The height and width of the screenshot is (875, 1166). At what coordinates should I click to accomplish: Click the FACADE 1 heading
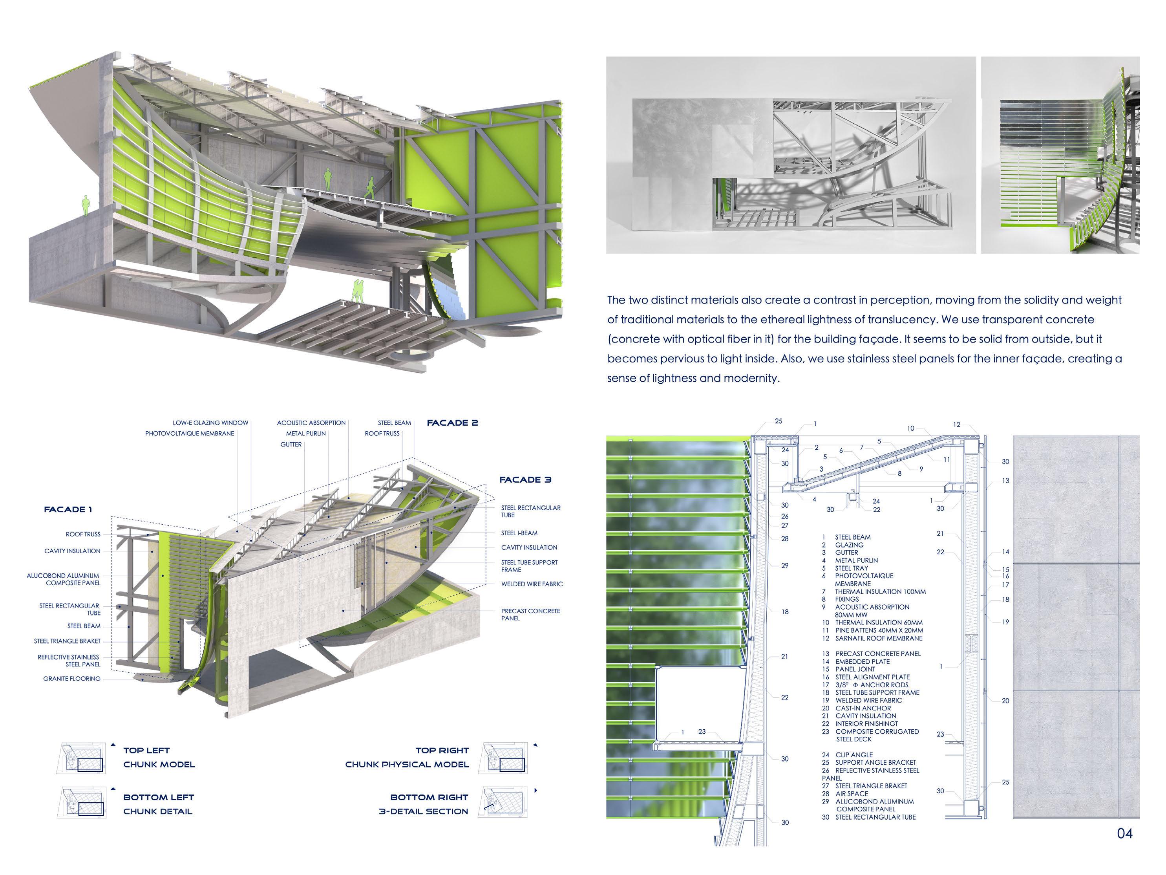68,509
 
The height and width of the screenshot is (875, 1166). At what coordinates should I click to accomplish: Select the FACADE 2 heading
452,423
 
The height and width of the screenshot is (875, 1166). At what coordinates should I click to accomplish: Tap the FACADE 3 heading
525,480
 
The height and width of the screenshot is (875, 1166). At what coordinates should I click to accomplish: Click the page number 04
1124,833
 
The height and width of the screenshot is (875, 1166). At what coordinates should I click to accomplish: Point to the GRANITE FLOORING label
72,679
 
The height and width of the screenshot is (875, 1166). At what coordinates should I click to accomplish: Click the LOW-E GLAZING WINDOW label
210,423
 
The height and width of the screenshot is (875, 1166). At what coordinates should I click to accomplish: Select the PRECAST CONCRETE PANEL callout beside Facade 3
530,615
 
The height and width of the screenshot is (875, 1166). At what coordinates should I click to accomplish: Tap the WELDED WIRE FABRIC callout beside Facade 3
532,584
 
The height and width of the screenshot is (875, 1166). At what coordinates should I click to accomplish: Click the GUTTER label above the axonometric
291,445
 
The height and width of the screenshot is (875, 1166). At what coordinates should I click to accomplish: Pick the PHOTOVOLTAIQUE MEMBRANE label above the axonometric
190,434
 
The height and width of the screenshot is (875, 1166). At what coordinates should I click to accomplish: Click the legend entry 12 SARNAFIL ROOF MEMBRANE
872,638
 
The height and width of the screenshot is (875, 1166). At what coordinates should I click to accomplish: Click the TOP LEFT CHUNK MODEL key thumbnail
81,758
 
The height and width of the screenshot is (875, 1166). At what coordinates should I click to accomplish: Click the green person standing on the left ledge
85,205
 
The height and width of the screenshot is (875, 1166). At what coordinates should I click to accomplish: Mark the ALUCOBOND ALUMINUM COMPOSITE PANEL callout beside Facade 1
63,579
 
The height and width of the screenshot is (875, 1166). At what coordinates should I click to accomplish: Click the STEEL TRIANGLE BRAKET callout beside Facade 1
67,641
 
